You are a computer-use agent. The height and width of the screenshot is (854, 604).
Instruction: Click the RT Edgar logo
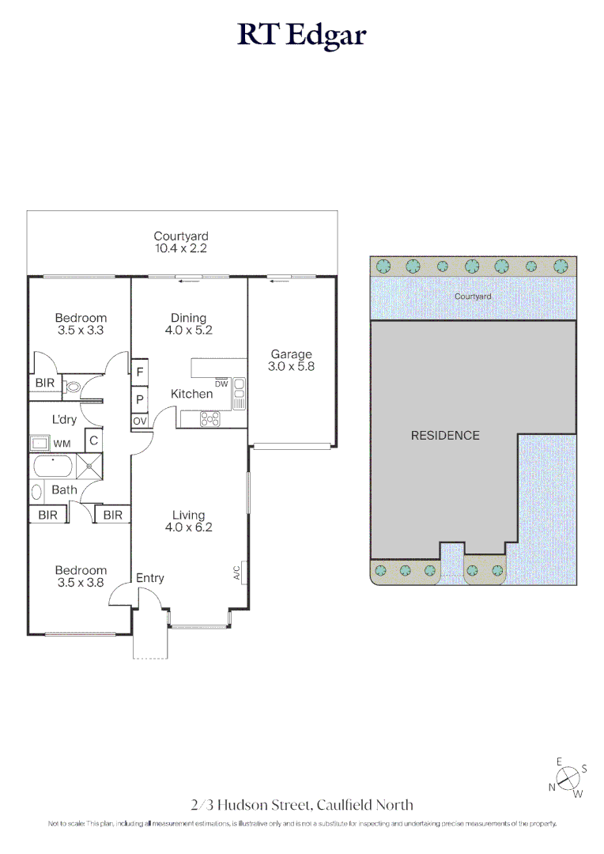tap(302, 36)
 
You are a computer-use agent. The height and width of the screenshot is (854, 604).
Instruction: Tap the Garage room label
tap(292, 354)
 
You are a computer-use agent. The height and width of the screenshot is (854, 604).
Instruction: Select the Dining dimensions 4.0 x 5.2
tap(188, 330)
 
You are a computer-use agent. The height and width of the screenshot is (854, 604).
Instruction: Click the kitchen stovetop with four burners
tap(210, 419)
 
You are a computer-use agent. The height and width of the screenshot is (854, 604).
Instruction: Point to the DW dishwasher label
tap(221, 384)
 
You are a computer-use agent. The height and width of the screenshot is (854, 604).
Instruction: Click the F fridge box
tap(140, 372)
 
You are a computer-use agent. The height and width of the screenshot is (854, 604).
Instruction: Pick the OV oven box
tap(140, 421)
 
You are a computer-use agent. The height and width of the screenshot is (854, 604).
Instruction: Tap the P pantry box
tap(140, 400)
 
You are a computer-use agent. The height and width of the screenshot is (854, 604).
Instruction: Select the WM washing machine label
tap(62, 444)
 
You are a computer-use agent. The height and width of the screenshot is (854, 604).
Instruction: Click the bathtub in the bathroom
tap(53, 467)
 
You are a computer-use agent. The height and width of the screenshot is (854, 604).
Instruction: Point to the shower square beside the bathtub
tap(89, 467)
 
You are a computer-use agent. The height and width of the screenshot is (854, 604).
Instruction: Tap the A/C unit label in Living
tap(236, 573)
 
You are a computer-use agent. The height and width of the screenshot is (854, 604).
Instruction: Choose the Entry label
tap(149, 578)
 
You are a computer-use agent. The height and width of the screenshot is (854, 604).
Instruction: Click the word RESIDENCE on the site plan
tap(445, 436)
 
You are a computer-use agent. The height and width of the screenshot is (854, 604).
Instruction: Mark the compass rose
tap(568, 777)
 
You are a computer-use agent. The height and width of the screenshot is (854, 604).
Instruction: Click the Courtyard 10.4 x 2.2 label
tap(181, 243)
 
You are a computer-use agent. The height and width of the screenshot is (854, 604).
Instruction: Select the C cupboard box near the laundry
tap(93, 440)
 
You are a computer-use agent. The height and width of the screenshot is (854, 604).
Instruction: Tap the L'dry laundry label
tap(64, 419)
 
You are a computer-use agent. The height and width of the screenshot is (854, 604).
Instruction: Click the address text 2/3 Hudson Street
tap(251, 805)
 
